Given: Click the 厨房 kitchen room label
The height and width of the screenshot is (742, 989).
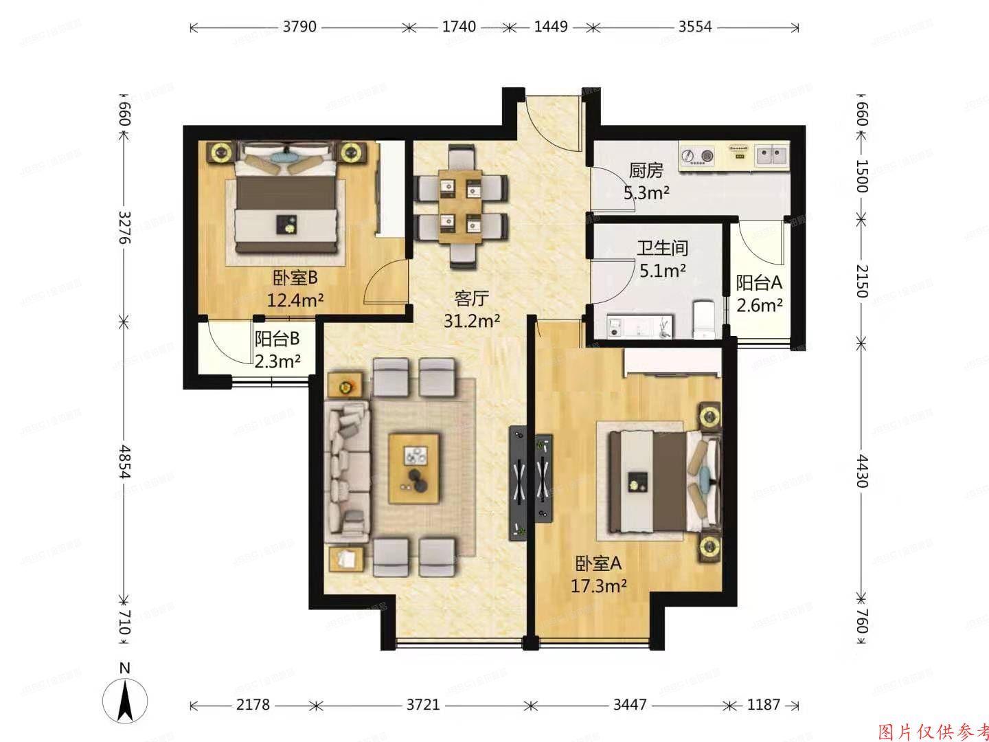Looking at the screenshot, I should pos(646,170).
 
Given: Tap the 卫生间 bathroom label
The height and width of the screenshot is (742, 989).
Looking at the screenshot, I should pos(662,248).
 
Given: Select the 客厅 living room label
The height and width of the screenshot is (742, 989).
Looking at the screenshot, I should pos(471,298).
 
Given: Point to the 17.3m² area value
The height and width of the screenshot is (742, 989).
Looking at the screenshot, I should pos(598,585).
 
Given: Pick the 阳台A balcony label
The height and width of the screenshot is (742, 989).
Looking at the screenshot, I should pos(759,282).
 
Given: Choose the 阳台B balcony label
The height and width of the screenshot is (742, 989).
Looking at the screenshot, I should pos(277,339).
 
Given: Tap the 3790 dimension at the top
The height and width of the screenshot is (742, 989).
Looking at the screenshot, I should pos(299,27).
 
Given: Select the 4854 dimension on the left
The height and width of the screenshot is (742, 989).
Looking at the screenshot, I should pos(124,462).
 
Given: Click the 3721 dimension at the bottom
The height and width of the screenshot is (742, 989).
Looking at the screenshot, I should pos(422,705).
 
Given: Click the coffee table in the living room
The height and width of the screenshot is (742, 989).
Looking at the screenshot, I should pos(414,468).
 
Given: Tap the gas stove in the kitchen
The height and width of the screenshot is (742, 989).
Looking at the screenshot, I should pos(698,157).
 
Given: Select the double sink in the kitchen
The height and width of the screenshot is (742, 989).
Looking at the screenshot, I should pos(773,155).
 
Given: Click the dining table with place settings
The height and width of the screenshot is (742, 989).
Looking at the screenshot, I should pos(460,204).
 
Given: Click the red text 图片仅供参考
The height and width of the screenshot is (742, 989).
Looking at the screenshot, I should pos(933,731).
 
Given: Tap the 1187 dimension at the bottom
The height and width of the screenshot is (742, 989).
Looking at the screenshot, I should pos(763,705).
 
